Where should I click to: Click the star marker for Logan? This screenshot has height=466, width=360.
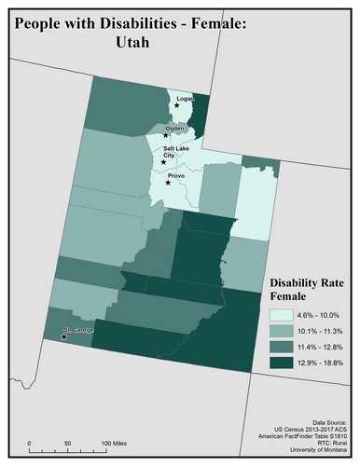click(x=176, y=105)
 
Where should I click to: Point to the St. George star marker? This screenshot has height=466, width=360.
click(x=63, y=337)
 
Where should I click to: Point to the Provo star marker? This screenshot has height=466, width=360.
click(x=168, y=183)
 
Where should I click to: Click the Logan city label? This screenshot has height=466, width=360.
click(x=185, y=97)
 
